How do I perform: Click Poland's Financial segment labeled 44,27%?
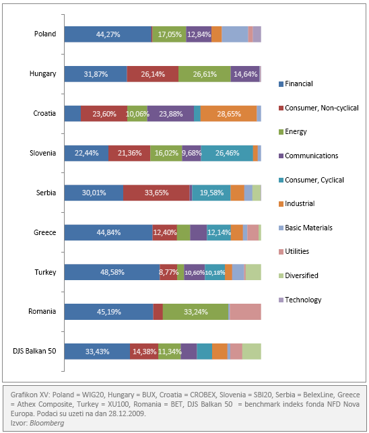[x=108, y=34]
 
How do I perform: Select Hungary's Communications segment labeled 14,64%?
[x=245, y=74]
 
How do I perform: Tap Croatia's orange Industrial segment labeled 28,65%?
[x=228, y=114]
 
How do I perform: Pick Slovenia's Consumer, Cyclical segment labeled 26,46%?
[x=227, y=153]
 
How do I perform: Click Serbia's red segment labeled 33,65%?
[x=156, y=193]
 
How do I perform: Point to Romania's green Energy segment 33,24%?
[x=195, y=312]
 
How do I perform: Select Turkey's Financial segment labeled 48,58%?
[x=112, y=272]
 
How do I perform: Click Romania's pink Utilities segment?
[x=246, y=312]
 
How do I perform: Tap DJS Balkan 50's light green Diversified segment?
[x=252, y=352]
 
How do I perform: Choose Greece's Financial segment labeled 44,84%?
[x=108, y=232]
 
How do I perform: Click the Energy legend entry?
[x=293, y=132]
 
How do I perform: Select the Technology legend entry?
[x=300, y=300]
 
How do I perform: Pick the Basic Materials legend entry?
[x=306, y=228]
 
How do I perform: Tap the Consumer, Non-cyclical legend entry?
[x=318, y=108]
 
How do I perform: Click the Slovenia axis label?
[x=43, y=153]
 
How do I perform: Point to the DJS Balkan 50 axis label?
[x=34, y=351]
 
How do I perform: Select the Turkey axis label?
[x=45, y=272]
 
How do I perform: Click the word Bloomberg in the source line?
[x=47, y=423]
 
